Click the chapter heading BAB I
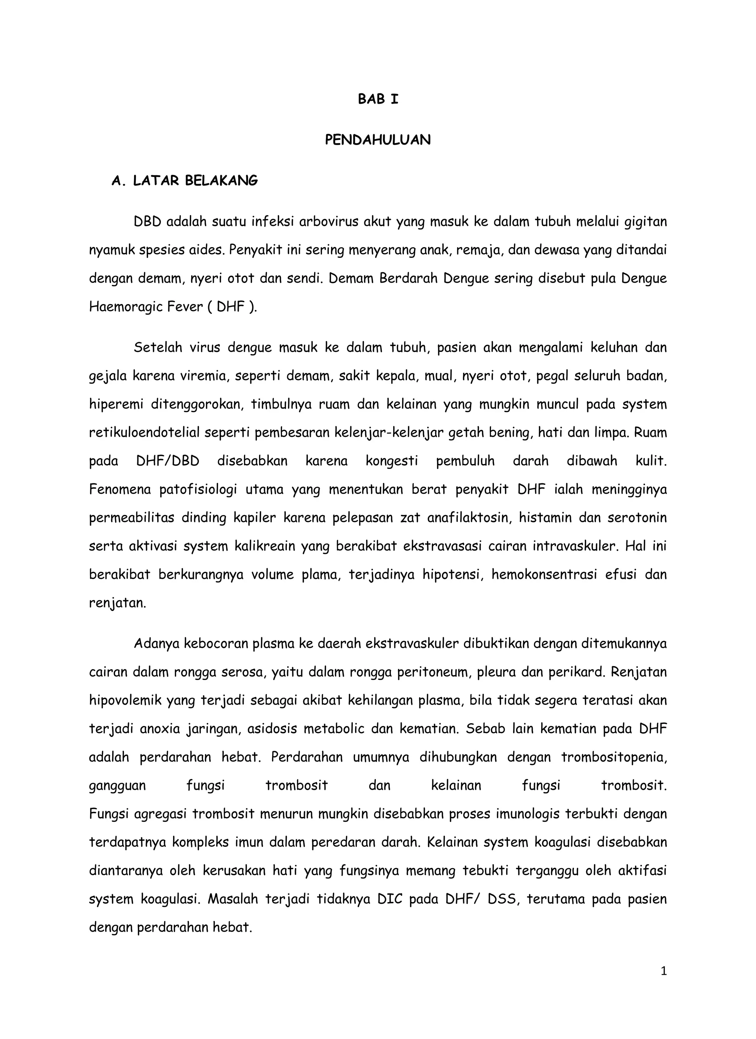coord(378,99)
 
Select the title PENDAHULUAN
coord(378,140)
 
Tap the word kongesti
coord(392,461)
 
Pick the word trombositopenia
coord(614,757)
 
